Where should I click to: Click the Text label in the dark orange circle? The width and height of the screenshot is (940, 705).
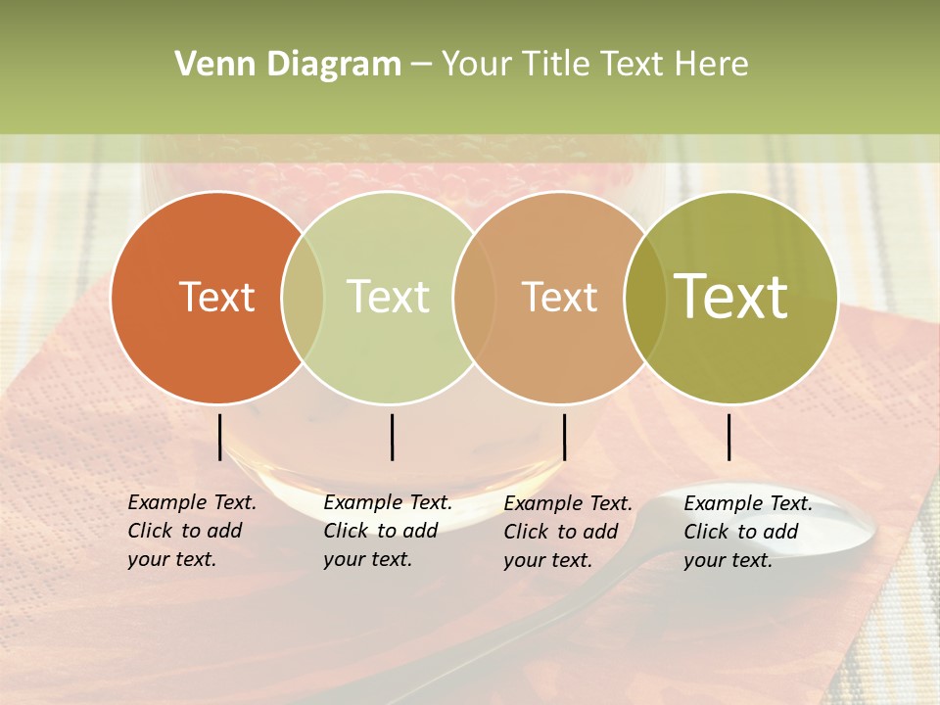216,297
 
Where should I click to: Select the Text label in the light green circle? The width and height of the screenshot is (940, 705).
389,297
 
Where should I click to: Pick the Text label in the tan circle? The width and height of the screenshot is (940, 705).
559,297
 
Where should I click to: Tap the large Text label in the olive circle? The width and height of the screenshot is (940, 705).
731,296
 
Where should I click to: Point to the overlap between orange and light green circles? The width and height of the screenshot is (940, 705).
303,298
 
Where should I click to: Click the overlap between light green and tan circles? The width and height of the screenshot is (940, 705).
472,298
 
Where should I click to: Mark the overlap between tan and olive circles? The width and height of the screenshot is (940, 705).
644,298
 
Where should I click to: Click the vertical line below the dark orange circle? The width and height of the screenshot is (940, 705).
220,437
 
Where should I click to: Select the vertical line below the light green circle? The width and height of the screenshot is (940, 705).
392,437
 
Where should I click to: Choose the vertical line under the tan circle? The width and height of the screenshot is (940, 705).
564,437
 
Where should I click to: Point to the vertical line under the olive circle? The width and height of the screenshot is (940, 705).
728,437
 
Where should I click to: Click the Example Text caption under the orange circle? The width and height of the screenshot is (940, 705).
191,531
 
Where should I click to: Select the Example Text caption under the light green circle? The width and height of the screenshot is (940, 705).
387,531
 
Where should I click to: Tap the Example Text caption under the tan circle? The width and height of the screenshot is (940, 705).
567,532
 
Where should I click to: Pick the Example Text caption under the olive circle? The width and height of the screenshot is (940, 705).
747,532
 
